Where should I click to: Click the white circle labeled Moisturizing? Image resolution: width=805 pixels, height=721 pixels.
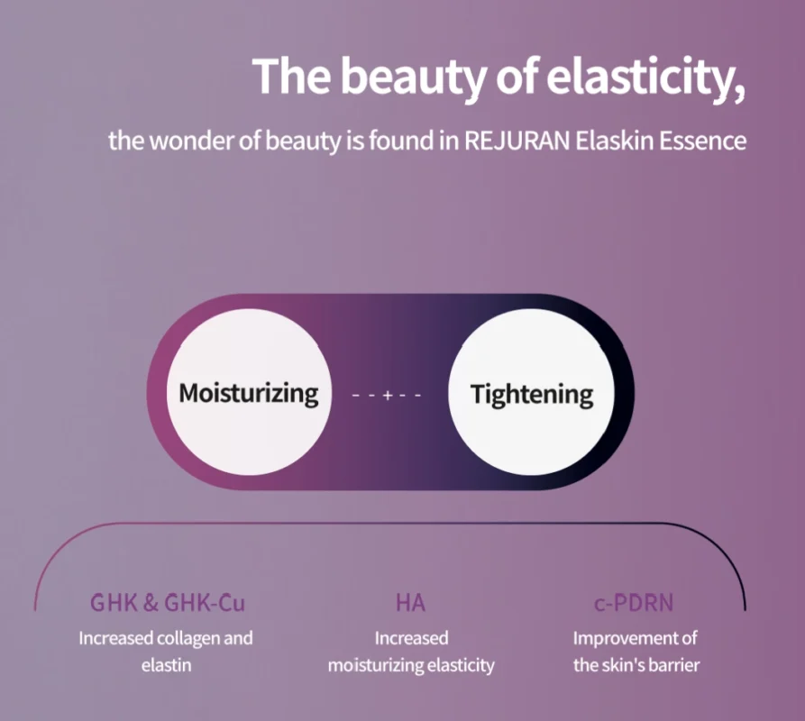tap(249, 392)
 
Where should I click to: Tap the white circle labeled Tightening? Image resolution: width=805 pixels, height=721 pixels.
tap(531, 392)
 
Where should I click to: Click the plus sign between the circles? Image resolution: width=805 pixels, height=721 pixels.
tap(388, 395)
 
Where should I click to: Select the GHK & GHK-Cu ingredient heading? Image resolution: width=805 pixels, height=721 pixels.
tap(168, 603)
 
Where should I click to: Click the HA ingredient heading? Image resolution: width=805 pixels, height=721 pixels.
tap(411, 603)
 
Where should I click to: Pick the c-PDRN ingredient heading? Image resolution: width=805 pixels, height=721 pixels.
tap(634, 603)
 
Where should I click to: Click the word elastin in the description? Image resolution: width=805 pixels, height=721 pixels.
tap(167, 665)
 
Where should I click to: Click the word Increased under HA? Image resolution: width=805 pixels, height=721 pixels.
tap(411, 638)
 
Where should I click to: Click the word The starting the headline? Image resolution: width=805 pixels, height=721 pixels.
tap(291, 76)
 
